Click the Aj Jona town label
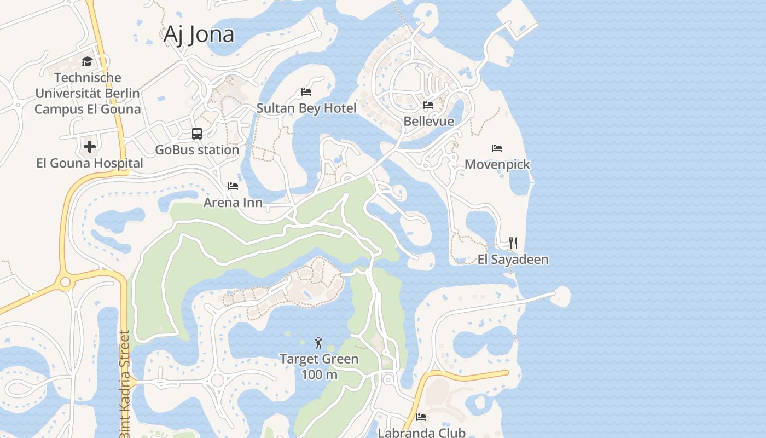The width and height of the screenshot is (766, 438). (x=199, y=34)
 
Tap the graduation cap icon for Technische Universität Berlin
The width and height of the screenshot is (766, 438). (x=87, y=61)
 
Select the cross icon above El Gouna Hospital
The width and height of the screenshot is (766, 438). (x=90, y=147)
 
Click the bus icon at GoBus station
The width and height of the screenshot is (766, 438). (x=197, y=134)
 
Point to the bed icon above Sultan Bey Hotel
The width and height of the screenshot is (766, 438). (x=306, y=92)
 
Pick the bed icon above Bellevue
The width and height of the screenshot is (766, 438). (x=428, y=105)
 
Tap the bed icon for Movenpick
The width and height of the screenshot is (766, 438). (x=497, y=148)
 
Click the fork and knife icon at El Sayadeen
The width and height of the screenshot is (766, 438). (x=513, y=243)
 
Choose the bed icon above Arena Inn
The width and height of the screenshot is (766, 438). (x=233, y=186)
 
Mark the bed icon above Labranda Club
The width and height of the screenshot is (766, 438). (x=421, y=417)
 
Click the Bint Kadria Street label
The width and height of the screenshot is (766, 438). (x=124, y=383)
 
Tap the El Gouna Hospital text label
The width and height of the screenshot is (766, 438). (x=90, y=163)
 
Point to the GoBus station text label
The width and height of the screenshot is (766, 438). (x=197, y=150)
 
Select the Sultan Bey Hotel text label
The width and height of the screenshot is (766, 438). (x=306, y=108)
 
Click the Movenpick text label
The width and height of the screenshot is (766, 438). (x=497, y=164)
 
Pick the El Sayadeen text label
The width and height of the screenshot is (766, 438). (x=513, y=260)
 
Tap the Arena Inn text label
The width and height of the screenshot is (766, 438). (x=233, y=203)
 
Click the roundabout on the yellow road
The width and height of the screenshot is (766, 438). (x=66, y=282)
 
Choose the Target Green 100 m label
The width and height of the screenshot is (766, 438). (x=319, y=367)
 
